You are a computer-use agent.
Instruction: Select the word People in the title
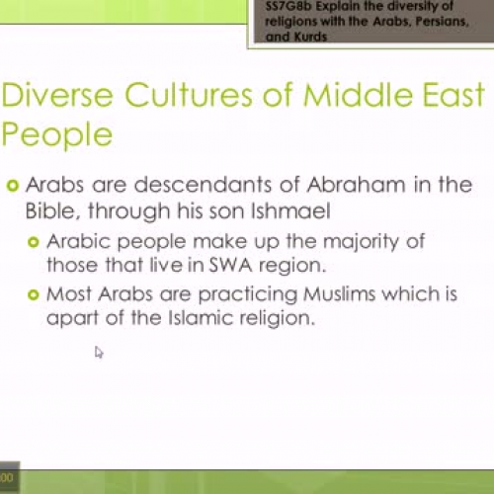coord(56,134)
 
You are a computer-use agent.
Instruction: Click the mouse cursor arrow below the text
coord(99,352)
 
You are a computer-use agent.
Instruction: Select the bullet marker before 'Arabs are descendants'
coord(12,185)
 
